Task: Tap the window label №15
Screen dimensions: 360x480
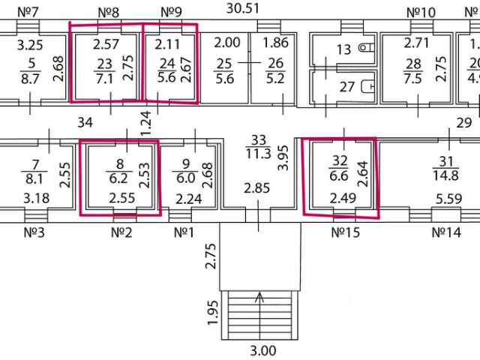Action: tap(345, 232)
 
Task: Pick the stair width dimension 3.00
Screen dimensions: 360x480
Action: tap(262, 350)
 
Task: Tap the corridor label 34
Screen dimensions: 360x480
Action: tap(85, 121)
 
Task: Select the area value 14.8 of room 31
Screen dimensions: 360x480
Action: tap(445, 176)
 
